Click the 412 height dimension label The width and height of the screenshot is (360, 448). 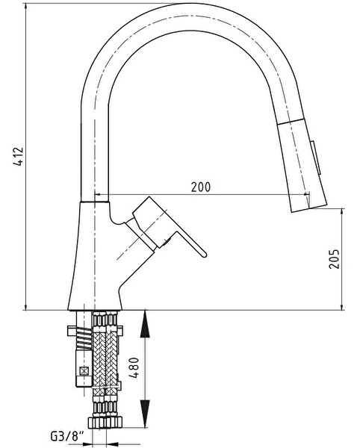[x=19, y=157]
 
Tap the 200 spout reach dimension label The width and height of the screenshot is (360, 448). [x=201, y=187]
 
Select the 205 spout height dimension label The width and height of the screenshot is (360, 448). [x=334, y=259]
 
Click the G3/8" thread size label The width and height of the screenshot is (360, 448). [x=67, y=436]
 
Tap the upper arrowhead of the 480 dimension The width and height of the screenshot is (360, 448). [x=145, y=324]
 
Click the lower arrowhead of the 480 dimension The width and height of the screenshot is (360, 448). [x=145, y=414]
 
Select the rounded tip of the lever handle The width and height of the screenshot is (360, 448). [x=203, y=255]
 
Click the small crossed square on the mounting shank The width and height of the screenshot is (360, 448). [x=84, y=371]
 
